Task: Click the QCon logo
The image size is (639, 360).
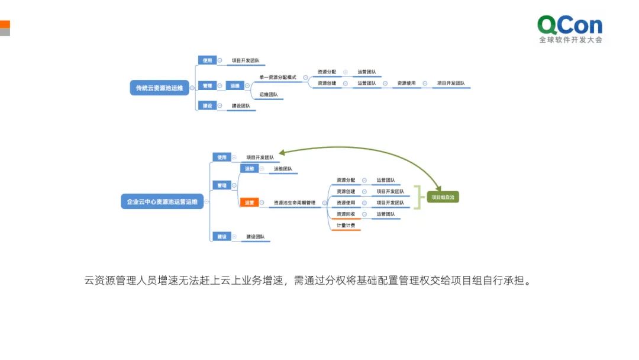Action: pos(569,25)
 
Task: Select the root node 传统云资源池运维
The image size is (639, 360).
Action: pos(159,88)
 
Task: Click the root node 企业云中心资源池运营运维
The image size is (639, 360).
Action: pos(162,202)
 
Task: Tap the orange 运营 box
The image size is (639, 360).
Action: pos(249,202)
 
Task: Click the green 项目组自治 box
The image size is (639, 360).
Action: pos(443,197)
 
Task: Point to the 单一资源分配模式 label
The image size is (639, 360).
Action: pos(277,77)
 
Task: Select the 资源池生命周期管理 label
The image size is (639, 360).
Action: pos(294,202)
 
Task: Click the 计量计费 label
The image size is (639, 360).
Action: pos(346,226)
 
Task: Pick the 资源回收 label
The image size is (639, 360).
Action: pos(346,214)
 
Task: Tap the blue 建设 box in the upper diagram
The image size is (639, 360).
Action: pos(207,106)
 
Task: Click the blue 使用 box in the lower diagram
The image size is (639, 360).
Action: pos(221,157)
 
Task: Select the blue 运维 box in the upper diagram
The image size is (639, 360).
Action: pos(235,86)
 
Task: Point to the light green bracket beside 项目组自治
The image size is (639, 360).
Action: pos(419,197)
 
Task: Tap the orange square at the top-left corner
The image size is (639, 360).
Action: pos(5,24)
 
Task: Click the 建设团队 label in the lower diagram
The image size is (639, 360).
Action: pos(256,237)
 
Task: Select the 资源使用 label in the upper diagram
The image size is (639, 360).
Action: pos(406,83)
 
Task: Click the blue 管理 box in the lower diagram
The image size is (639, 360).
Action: pos(221,185)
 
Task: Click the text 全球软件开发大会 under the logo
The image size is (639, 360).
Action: pos(570,40)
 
